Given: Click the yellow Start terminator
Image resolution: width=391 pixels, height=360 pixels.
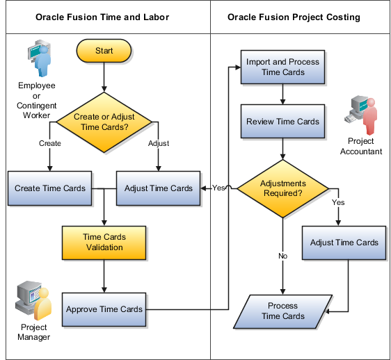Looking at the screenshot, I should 104,51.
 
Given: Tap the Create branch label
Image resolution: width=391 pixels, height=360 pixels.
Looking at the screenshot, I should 49,144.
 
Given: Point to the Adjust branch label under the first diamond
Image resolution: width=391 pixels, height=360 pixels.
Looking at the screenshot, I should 159,144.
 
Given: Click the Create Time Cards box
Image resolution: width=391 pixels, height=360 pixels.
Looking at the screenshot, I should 50,188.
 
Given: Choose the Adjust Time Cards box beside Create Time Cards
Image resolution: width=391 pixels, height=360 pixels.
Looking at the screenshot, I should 158,188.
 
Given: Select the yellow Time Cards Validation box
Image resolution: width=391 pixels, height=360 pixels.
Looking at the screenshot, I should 104,242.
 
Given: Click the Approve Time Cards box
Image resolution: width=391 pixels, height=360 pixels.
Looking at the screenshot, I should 104,309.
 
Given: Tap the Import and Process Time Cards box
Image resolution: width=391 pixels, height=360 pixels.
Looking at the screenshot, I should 282,67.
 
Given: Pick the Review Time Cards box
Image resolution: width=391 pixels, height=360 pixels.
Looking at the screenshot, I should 282,122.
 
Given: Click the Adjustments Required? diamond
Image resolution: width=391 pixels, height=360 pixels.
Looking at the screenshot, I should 282,188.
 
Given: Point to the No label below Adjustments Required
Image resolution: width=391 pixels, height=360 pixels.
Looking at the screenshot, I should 282,256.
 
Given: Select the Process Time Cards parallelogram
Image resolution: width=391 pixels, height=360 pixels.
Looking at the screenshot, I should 282,311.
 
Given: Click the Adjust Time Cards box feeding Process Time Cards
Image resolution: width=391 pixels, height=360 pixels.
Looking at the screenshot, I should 344,243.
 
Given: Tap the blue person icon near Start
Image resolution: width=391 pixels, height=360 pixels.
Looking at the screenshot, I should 40,59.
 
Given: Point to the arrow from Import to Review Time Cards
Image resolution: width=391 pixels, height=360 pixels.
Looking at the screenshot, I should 282,95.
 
